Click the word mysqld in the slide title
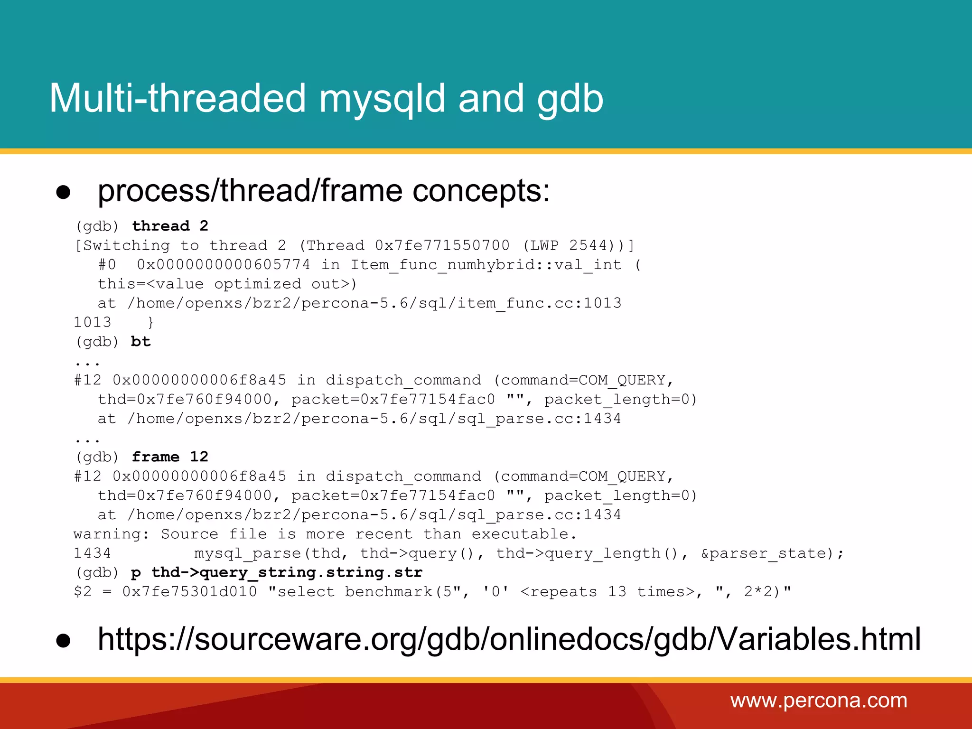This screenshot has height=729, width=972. click(x=382, y=99)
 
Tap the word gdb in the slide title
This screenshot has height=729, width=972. click(x=570, y=99)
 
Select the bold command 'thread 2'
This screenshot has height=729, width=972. click(x=170, y=226)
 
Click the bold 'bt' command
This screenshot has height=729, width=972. click(x=140, y=342)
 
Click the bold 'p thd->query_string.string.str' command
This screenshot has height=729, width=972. click(x=277, y=572)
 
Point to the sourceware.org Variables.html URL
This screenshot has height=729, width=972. click(x=509, y=639)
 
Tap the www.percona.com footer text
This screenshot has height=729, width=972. click(x=819, y=701)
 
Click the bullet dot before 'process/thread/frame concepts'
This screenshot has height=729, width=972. click(x=63, y=192)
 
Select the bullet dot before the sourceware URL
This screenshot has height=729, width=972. click(x=63, y=641)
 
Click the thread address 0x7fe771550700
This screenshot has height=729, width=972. click(x=442, y=245)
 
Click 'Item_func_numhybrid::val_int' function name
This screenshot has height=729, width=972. click(x=486, y=264)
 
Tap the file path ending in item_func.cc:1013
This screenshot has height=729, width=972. click(x=374, y=303)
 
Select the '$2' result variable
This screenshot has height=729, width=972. click(x=83, y=592)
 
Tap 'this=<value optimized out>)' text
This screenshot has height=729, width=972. click(x=227, y=284)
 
